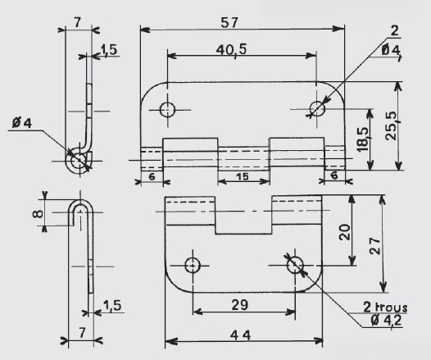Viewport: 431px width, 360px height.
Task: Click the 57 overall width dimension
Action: click(x=229, y=22)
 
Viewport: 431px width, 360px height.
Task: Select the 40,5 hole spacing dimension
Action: click(x=231, y=50)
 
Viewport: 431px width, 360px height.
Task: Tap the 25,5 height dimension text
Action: click(x=392, y=125)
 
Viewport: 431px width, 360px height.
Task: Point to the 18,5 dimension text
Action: click(x=362, y=139)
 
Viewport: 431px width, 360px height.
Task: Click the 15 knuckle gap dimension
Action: click(x=243, y=176)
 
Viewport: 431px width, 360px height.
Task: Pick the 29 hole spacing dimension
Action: click(x=240, y=305)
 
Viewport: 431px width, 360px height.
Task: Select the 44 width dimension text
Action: click(x=240, y=335)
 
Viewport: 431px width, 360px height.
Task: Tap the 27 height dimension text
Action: click(x=375, y=245)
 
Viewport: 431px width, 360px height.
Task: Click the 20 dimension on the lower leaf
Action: click(x=345, y=232)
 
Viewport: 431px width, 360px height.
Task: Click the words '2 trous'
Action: click(x=385, y=308)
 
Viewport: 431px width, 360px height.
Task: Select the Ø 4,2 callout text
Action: click(x=386, y=320)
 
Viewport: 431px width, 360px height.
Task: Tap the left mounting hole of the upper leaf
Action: click(x=167, y=110)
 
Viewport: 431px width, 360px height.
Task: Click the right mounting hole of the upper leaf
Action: click(x=317, y=108)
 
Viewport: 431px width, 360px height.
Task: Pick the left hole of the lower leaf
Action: click(x=193, y=266)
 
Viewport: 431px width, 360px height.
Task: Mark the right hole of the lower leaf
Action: click(x=295, y=266)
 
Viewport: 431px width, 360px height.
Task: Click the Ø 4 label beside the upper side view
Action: click(x=22, y=123)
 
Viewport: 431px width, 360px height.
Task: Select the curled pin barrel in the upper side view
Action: click(x=79, y=161)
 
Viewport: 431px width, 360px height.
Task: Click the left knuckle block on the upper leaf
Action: click(x=190, y=153)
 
